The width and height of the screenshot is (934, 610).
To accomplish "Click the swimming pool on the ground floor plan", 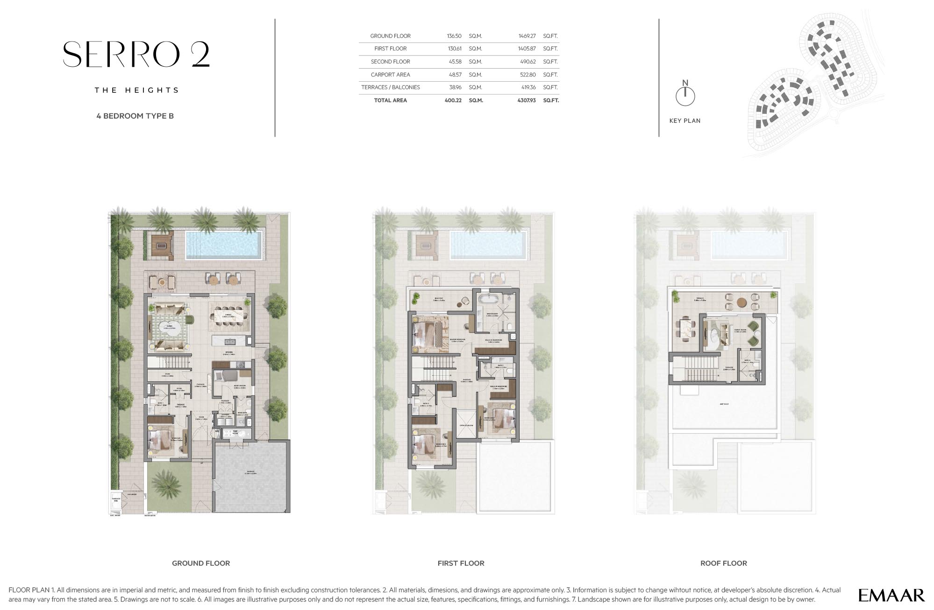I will pos(224,245).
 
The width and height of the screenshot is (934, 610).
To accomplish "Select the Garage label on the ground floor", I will pos(251,472).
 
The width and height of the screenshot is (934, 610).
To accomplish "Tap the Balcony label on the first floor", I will pos(438,298).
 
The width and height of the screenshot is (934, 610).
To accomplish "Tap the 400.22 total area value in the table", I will pos(453,100).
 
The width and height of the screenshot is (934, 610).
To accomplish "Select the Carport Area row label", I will pos(390,75).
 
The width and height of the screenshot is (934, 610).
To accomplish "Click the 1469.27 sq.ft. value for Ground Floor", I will pos(527,36).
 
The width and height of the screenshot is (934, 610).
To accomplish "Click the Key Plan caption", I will pos(684,121).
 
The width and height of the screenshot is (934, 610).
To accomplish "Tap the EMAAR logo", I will pos(891,595).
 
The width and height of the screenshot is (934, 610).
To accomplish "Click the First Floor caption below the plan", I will pos(461,563).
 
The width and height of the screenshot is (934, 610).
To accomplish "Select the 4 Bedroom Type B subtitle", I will pos(135,116).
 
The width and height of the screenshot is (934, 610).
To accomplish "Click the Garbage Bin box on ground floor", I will pos(116,499).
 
